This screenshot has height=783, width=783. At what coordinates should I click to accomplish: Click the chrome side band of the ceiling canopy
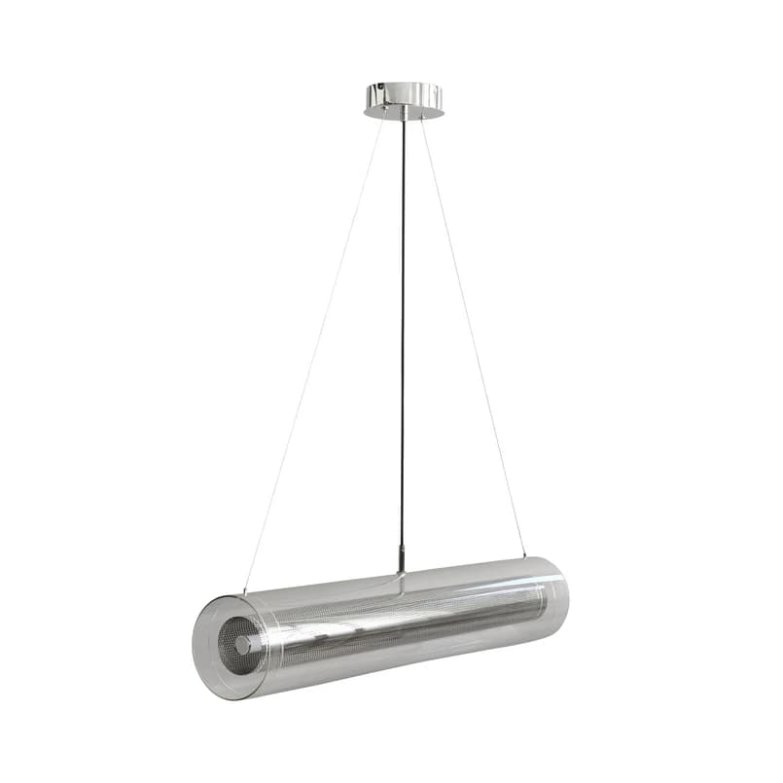(404, 95)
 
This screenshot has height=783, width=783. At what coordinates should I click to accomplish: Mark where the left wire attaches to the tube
(244, 591)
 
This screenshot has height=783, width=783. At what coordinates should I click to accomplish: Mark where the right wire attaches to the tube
(526, 557)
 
